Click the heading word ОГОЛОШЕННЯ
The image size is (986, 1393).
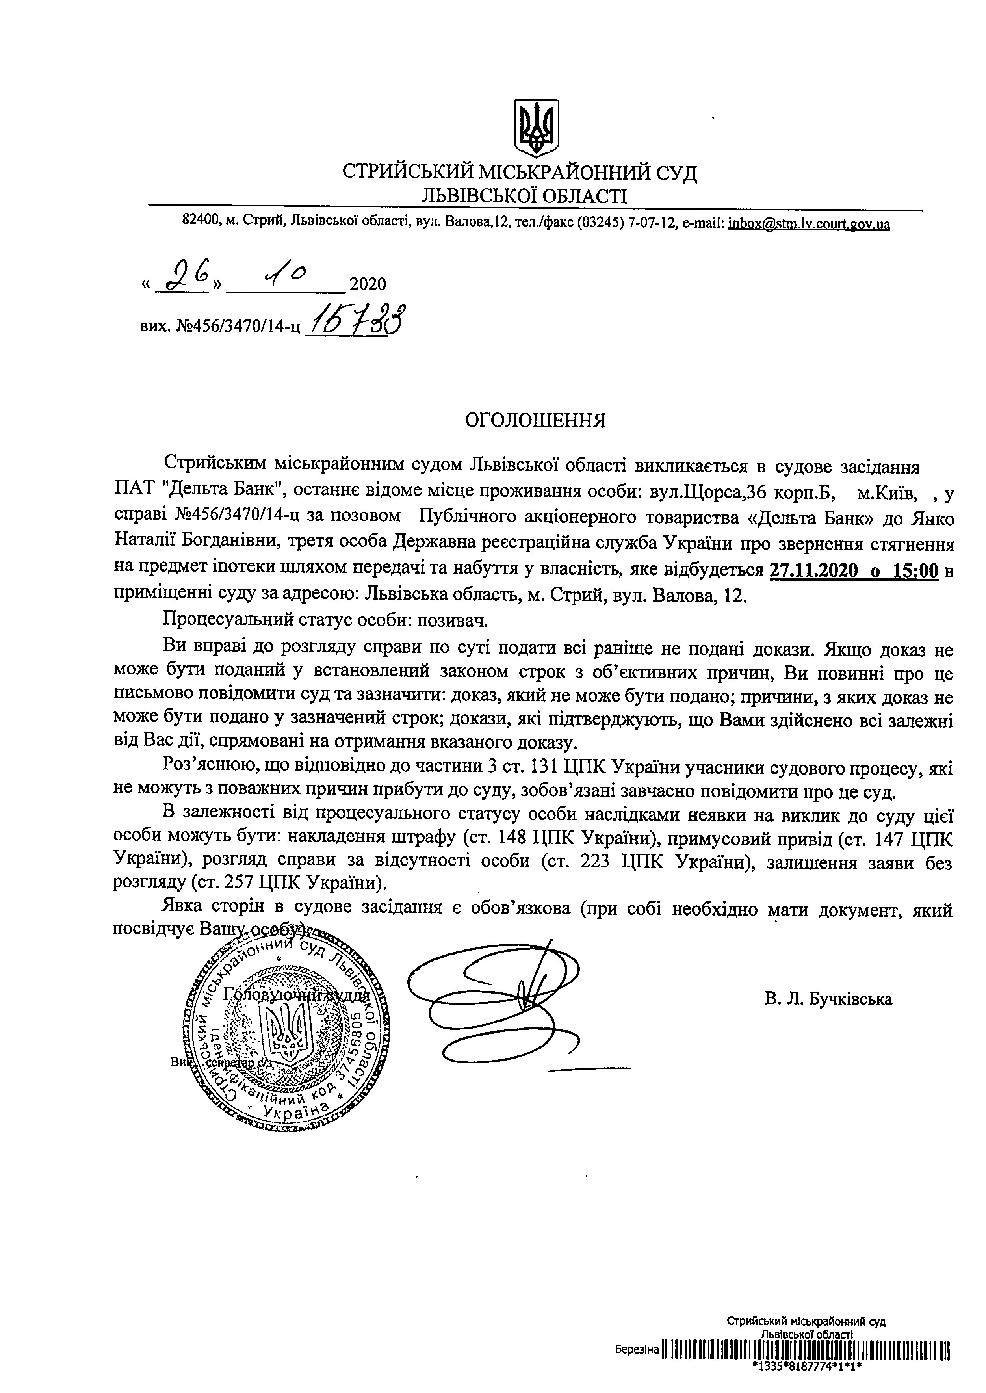coord(535,421)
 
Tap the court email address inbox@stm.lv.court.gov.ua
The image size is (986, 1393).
coord(809,224)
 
